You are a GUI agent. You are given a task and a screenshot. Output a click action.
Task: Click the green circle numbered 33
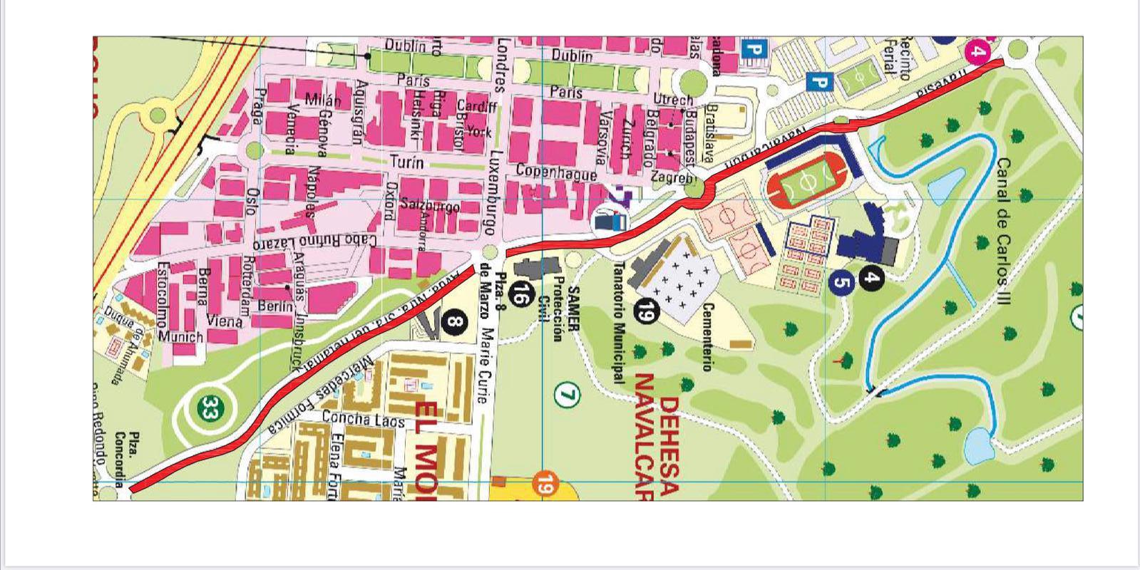209,409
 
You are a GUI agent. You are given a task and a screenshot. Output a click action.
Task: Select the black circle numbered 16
523,294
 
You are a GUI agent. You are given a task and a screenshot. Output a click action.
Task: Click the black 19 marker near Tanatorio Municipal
645,311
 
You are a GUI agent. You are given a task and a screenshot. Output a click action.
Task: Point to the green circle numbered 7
566,394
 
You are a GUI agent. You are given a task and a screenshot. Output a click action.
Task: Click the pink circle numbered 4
979,51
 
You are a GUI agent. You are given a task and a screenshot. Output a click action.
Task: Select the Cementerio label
707,336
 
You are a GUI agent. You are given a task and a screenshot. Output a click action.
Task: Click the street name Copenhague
556,172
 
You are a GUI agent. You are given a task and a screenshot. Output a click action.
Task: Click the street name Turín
406,163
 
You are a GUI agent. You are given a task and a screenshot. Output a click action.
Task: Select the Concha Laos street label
363,420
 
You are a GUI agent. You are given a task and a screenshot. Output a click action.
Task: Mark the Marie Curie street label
488,366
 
